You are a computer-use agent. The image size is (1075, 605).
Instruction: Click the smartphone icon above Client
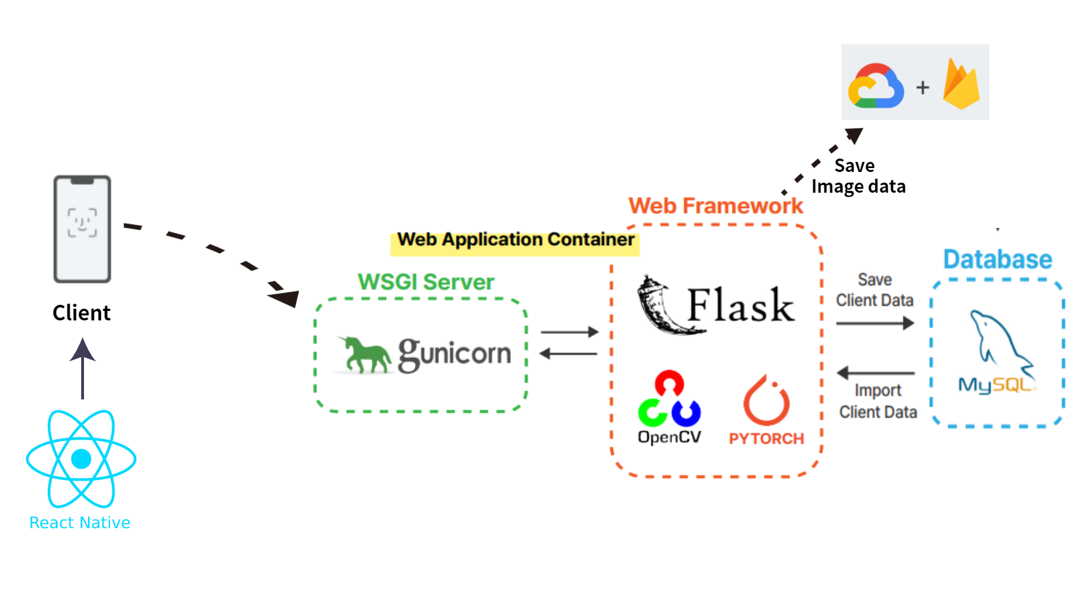(82, 229)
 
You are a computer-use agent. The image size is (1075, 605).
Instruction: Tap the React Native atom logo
(81, 459)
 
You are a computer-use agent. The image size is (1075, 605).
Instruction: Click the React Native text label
(80, 523)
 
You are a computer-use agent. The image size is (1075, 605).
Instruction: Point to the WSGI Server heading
(426, 282)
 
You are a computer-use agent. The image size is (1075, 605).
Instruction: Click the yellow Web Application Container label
(515, 240)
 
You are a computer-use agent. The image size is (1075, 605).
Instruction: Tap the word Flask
(740, 306)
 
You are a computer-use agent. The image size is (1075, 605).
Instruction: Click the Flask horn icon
(661, 306)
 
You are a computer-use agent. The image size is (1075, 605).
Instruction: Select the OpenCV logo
(669, 406)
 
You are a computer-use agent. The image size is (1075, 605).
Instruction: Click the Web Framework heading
(716, 206)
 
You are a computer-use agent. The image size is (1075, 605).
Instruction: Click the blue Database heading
(998, 259)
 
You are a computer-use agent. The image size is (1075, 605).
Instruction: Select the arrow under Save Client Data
(875, 323)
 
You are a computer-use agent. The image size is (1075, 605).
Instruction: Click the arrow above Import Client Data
(876, 373)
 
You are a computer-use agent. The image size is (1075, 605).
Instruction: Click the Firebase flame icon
(961, 85)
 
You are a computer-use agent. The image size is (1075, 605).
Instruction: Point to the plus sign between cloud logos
(923, 87)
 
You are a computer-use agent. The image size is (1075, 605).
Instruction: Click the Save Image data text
(858, 176)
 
